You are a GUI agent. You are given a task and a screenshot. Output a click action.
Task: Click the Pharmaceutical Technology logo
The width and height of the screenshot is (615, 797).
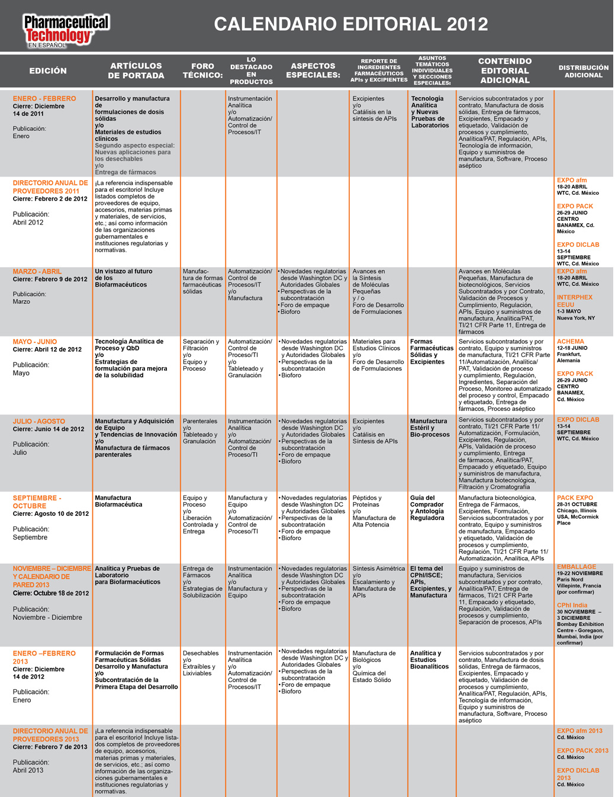[x=66, y=30]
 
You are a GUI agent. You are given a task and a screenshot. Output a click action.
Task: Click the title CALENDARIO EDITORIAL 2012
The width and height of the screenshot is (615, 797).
[x=350, y=24]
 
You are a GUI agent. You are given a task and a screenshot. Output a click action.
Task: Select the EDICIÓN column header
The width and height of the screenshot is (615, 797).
[x=48, y=71]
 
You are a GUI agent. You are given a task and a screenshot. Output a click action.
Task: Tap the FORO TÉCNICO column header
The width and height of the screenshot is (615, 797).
[x=202, y=71]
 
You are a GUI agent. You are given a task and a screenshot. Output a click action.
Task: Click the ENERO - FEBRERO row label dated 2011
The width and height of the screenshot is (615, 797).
[x=44, y=99]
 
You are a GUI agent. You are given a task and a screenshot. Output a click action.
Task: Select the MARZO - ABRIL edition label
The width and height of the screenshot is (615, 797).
[x=37, y=272]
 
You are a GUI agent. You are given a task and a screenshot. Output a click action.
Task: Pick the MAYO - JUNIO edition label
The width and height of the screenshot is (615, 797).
[x=35, y=342]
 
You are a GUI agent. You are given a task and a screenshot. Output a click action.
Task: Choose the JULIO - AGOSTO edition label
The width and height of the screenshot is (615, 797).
[x=39, y=422]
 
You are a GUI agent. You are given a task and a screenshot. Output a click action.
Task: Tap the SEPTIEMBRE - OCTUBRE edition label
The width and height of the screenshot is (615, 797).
[x=37, y=502]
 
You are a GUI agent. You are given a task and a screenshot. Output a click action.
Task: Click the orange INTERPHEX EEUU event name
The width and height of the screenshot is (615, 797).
[x=574, y=301]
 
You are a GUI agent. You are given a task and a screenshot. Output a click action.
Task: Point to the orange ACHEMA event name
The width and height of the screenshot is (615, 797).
[x=570, y=342]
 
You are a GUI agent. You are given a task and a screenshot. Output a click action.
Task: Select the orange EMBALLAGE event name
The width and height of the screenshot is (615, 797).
[x=576, y=567]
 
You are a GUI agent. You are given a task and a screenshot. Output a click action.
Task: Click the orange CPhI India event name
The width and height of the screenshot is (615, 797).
[x=572, y=605]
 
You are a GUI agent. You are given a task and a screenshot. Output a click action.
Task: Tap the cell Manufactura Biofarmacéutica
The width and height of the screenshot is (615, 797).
[x=118, y=502]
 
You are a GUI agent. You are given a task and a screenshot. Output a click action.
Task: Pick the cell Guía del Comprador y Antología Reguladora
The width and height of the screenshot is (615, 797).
[x=427, y=508]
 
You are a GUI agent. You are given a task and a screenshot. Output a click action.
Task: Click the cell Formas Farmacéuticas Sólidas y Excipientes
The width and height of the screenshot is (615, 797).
[x=432, y=352]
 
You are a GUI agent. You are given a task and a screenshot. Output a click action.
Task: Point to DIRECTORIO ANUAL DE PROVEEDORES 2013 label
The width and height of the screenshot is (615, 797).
[x=50, y=735]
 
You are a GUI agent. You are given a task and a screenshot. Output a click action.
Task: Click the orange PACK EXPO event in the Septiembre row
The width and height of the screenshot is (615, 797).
[x=575, y=498]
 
